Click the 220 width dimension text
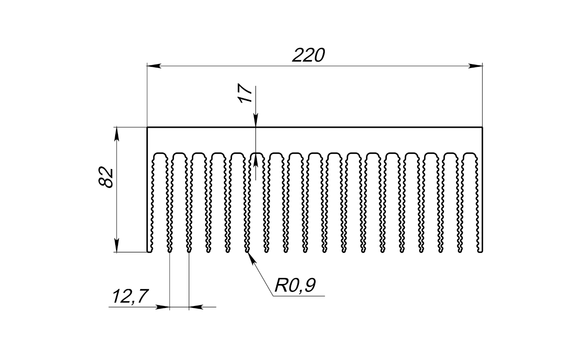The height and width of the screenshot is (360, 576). pyautogui.click(x=308, y=56)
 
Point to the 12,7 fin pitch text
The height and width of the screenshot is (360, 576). pyautogui.click(x=130, y=297)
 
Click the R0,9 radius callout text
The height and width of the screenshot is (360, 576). pyautogui.click(x=295, y=286)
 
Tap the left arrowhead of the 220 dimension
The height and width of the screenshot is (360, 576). pyautogui.click(x=154, y=65)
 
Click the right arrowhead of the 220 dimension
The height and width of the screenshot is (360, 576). pyautogui.click(x=476, y=65)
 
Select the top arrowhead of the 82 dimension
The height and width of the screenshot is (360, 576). pyautogui.click(x=116, y=134)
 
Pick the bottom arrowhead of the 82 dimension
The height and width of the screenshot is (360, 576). pyautogui.click(x=116, y=246)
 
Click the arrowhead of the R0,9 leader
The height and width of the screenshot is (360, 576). pyautogui.click(x=251, y=258)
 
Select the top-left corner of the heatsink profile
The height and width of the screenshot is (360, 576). pyautogui.click(x=148, y=128)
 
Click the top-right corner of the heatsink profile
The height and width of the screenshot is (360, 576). pyautogui.click(x=482, y=128)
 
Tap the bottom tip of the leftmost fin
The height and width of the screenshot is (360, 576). pyautogui.click(x=150, y=252)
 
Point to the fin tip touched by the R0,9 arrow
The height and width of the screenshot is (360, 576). pyautogui.click(x=248, y=252)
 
